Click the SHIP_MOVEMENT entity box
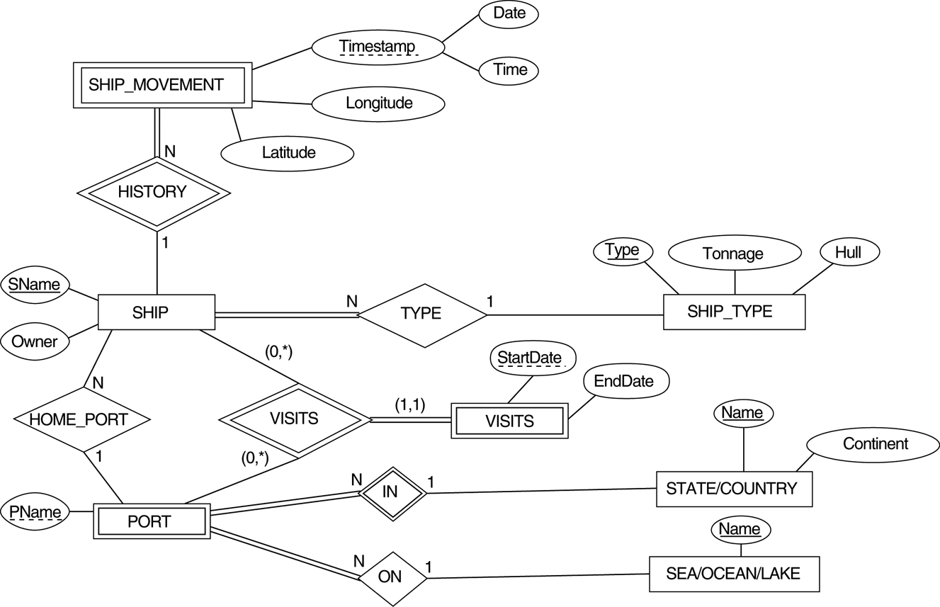(162, 85)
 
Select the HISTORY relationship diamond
(152, 191)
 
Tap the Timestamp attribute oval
(378, 47)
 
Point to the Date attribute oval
(509, 13)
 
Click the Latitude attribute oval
(288, 152)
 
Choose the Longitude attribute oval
(378, 103)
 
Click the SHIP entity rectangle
(156, 312)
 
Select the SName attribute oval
(35, 285)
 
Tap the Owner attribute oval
(34, 341)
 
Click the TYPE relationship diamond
(421, 314)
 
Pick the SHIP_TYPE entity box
(734, 312)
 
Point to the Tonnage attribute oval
(734, 254)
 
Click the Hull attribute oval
(849, 252)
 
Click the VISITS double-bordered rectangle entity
(509, 421)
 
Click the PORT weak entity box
(151, 522)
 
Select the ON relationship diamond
(391, 577)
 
